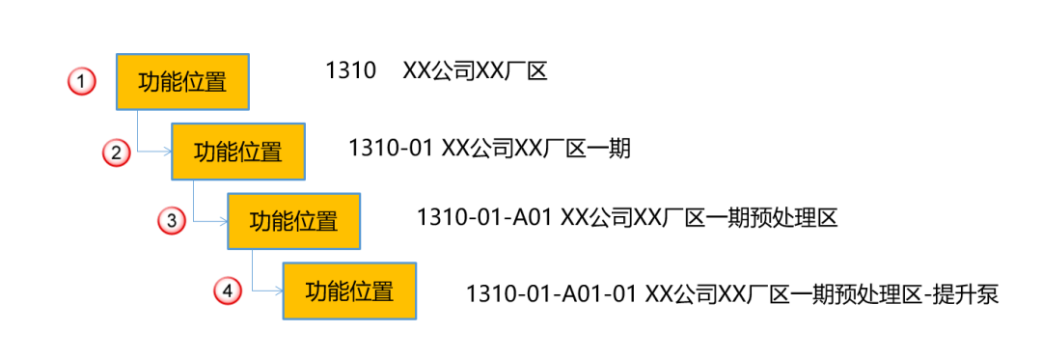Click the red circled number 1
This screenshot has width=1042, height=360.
(x=82, y=82)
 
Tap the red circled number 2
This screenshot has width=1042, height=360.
(x=116, y=152)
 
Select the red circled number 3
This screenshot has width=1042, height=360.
(x=172, y=221)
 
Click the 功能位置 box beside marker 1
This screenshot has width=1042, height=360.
(x=183, y=82)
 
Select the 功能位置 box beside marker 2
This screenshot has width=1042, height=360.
(x=238, y=152)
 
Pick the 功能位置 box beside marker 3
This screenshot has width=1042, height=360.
(x=294, y=221)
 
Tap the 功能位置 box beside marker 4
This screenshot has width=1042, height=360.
(x=349, y=291)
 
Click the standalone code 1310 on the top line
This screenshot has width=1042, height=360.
(x=350, y=70)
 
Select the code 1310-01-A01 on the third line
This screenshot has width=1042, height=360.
(x=483, y=218)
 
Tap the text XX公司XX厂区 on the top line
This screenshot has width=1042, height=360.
(x=475, y=70)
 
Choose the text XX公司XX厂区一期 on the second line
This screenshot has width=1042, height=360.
(x=535, y=149)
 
